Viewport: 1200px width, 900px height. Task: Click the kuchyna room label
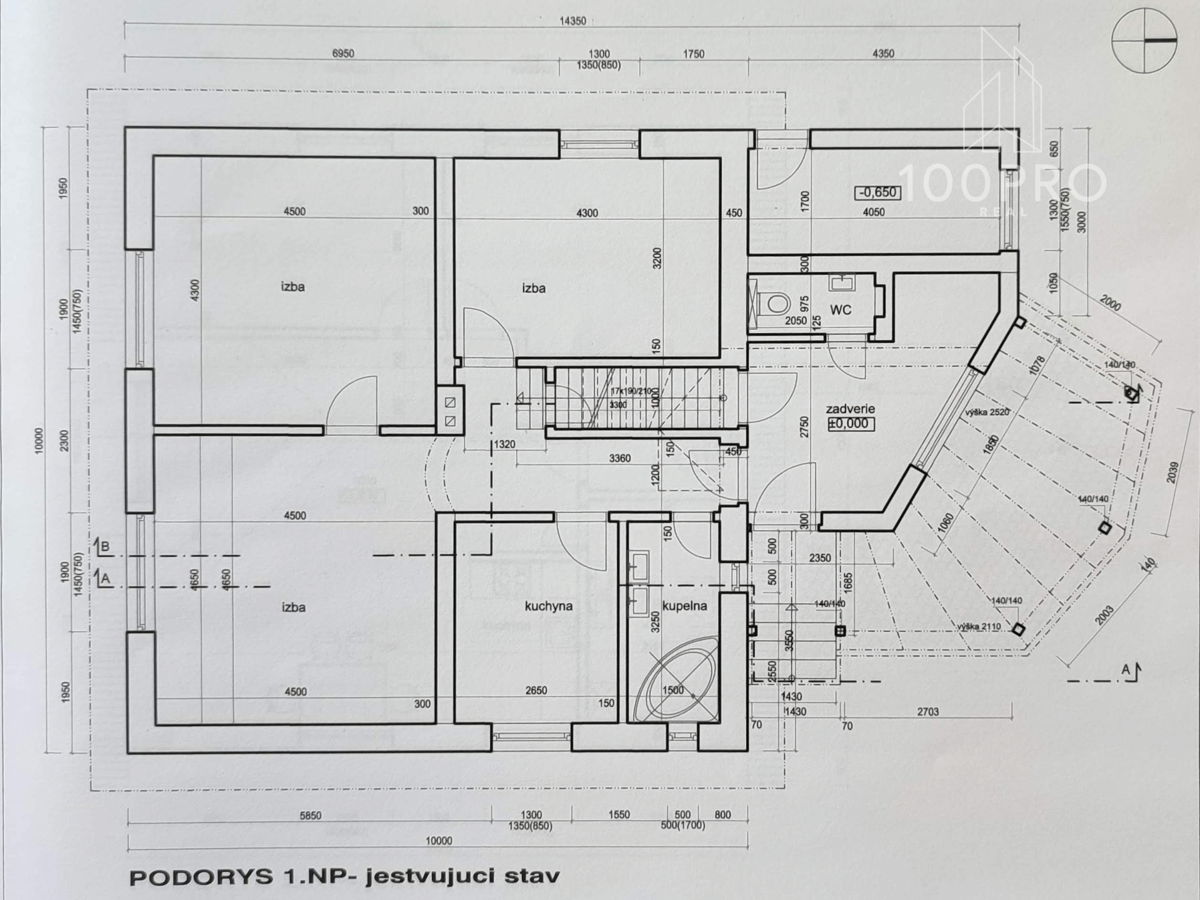(x=548, y=606)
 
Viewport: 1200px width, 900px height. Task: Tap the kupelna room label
(x=684, y=606)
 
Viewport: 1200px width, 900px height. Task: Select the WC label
(x=841, y=310)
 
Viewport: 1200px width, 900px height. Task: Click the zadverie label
(x=850, y=409)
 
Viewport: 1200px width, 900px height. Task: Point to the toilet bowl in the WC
(x=776, y=304)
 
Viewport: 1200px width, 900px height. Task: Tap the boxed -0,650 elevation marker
(x=877, y=192)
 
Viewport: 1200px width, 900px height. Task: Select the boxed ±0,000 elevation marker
(x=851, y=424)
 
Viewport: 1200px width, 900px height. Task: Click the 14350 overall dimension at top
(x=572, y=21)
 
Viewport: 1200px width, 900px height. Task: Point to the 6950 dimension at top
(x=342, y=54)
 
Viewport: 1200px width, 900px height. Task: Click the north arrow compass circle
(x=1144, y=41)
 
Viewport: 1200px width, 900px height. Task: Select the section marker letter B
(x=105, y=547)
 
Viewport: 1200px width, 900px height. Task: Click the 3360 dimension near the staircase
(x=619, y=459)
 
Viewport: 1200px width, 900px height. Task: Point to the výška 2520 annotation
(x=987, y=412)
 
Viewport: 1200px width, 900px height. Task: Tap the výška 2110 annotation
(x=979, y=627)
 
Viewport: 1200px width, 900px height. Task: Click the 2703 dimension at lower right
(x=927, y=711)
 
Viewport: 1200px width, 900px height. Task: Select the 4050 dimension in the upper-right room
(x=873, y=212)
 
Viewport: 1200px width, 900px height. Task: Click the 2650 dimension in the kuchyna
(x=536, y=691)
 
